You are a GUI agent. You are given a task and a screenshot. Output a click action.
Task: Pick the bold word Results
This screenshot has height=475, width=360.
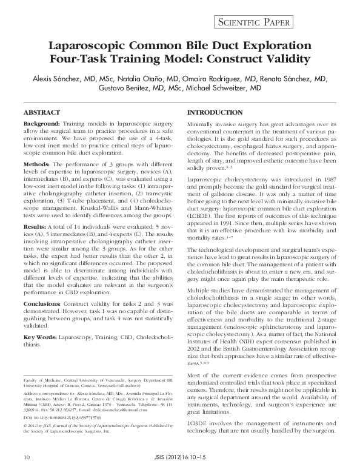click(x=35, y=226)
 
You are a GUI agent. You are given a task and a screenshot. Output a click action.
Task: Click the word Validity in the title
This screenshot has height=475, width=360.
click(x=282, y=60)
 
